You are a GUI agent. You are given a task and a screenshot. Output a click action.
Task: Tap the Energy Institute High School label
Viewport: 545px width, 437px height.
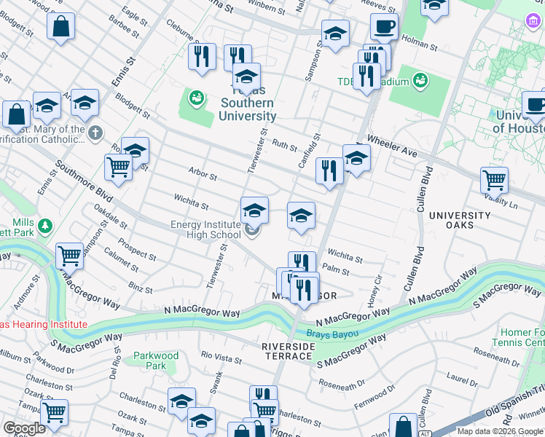[205, 229]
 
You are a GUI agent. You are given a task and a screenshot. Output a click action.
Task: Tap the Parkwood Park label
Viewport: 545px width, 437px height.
[156, 361]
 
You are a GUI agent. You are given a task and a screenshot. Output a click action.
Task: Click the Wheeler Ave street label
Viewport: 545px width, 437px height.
[391, 144]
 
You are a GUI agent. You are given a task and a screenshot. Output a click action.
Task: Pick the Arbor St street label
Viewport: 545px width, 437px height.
[203, 176]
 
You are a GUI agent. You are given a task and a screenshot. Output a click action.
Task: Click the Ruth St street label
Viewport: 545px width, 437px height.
[284, 144]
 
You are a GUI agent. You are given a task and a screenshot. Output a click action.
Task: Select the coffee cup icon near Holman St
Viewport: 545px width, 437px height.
[384, 27]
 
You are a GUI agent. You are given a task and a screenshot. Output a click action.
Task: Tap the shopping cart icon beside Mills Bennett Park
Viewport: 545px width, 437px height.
[69, 256]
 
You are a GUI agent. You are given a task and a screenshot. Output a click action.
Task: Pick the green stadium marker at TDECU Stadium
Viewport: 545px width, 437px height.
[420, 80]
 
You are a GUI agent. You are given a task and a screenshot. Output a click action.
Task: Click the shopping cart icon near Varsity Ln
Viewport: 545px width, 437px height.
[494, 179]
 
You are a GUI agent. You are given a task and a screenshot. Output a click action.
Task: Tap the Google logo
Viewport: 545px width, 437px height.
[25, 428]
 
